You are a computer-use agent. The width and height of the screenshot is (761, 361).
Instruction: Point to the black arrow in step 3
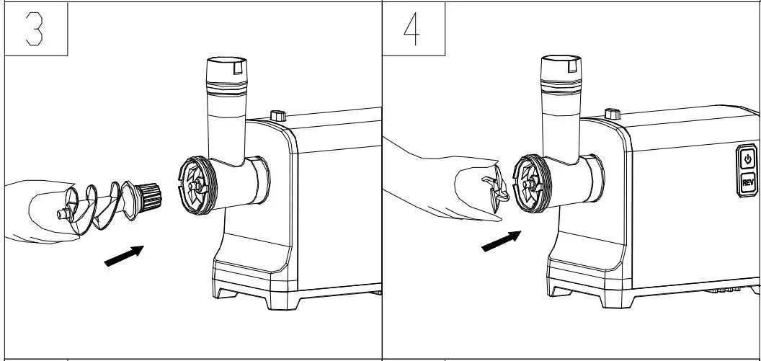coord(125,255)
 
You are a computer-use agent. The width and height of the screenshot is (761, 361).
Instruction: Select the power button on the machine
coord(747,159)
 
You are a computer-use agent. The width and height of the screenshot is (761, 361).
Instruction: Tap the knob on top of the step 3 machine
coord(277,115)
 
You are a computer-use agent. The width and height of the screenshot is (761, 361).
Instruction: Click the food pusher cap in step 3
coord(226,70)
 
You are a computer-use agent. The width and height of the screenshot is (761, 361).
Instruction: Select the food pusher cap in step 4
coord(562,70)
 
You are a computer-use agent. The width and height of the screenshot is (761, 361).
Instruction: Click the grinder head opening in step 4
coord(529,184)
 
